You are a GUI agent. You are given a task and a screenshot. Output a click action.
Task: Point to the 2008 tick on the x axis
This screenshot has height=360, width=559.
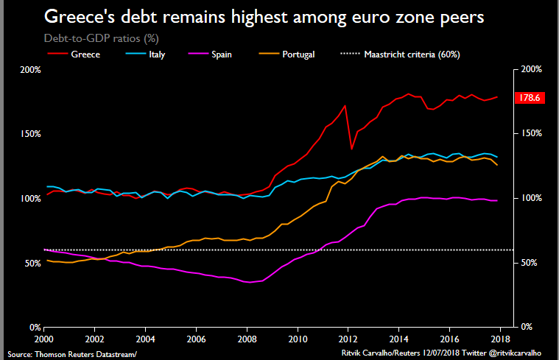tap(248, 340)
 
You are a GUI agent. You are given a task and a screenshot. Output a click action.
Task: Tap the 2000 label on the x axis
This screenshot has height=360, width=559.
tap(44, 340)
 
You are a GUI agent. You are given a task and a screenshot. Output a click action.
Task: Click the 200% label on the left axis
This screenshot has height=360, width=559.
tap(30, 70)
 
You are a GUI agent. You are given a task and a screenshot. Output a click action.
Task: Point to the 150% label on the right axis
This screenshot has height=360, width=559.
tap(532, 134)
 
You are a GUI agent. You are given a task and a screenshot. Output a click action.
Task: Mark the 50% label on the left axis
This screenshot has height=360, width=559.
tap(32, 263)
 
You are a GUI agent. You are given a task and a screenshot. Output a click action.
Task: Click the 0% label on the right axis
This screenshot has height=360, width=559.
tap(527, 327)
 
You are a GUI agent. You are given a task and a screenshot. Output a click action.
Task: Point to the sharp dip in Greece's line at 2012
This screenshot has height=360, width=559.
tap(351, 149)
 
